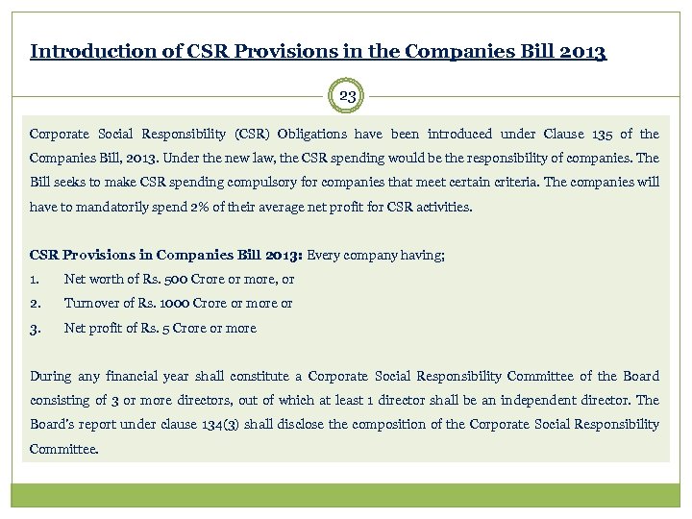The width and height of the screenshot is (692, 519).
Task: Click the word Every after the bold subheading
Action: (327, 255)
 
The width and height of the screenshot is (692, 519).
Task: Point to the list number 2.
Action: (36, 304)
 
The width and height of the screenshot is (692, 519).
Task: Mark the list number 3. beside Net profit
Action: (36, 328)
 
